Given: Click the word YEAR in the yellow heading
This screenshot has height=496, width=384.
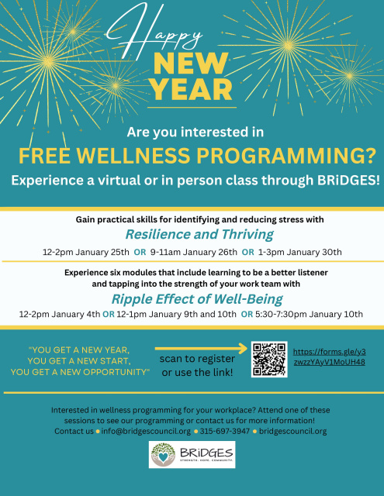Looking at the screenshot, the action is click(x=192, y=90).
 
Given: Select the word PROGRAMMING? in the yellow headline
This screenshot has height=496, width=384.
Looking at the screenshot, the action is click(x=285, y=156).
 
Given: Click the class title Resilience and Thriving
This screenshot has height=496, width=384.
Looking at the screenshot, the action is click(x=199, y=234).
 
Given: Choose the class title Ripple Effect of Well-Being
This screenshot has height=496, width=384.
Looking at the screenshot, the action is click(x=197, y=299).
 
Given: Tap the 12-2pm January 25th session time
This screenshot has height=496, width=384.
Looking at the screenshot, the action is click(x=86, y=252).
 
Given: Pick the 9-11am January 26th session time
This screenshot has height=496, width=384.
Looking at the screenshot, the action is click(x=194, y=252).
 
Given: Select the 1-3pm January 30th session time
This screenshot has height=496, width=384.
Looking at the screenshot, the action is click(x=299, y=252).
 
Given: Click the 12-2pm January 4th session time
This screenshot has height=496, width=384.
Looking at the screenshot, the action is click(x=60, y=314).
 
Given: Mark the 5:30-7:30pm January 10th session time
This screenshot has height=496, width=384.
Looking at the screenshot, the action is click(x=309, y=314).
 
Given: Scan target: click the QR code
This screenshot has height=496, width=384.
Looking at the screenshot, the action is click(x=269, y=359).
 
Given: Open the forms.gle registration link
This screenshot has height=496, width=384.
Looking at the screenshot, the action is click(x=330, y=356).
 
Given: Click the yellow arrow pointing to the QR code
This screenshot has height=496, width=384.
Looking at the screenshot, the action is click(x=201, y=348).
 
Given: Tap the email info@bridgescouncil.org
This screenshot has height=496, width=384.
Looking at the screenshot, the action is click(x=146, y=431).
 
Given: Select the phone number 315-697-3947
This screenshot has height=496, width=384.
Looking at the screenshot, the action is click(x=225, y=431).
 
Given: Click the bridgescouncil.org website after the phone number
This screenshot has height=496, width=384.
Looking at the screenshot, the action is click(x=292, y=431).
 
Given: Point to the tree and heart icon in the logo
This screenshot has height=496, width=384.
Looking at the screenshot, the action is click(x=163, y=455).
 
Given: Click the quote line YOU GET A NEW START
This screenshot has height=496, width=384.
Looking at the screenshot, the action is click(x=79, y=361).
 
